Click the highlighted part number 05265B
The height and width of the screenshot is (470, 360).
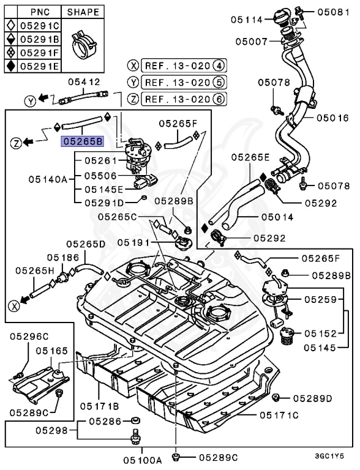point(81,142)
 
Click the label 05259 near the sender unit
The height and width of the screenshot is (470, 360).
point(321,300)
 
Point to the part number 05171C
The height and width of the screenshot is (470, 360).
point(279,415)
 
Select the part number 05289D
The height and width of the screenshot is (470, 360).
point(312,398)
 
